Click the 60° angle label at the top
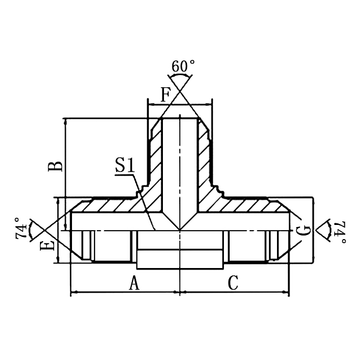[x=183, y=67]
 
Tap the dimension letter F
[x=166, y=95]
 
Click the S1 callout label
[x=125, y=167]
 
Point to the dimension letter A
[x=135, y=283]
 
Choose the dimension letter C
[x=233, y=283]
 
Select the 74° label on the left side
[x=22, y=228]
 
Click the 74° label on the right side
[x=341, y=232]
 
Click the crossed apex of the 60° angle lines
[x=180, y=92]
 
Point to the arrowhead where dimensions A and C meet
[x=180, y=292]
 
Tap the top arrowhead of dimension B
[x=65, y=121]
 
